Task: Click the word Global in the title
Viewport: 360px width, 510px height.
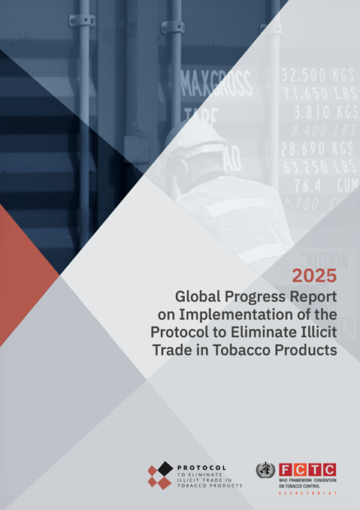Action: [198, 295]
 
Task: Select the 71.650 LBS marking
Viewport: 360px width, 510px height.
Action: [318, 93]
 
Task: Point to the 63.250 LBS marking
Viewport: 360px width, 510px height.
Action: [318, 166]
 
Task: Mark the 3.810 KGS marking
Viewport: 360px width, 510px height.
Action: [324, 112]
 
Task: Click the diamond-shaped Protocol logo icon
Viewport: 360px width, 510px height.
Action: [159, 475]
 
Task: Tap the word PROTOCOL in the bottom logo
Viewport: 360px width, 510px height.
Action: [201, 467]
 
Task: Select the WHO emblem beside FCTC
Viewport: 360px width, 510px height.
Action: [265, 472]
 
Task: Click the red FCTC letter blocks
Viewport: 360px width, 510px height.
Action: [307, 469]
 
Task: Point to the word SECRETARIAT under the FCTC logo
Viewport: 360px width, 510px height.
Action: [307, 493]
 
